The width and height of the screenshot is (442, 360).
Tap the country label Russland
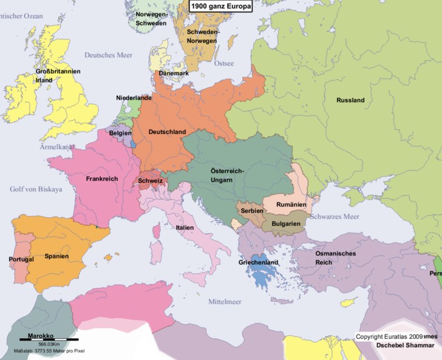[350, 100]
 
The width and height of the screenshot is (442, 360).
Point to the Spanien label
[56, 256]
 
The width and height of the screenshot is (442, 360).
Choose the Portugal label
[21, 259]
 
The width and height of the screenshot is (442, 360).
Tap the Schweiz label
[150, 180]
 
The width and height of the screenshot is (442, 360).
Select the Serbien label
[251, 210]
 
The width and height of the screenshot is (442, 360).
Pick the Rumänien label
[291, 205]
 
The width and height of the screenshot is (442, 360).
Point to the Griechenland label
[258, 262]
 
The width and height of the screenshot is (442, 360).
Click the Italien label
[185, 227]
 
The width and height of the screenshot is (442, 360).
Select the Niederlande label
[134, 98]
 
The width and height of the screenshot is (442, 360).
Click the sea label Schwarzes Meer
[335, 216]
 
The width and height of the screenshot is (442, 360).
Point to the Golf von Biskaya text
[36, 189]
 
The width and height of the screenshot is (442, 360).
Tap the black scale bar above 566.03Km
[49, 338]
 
